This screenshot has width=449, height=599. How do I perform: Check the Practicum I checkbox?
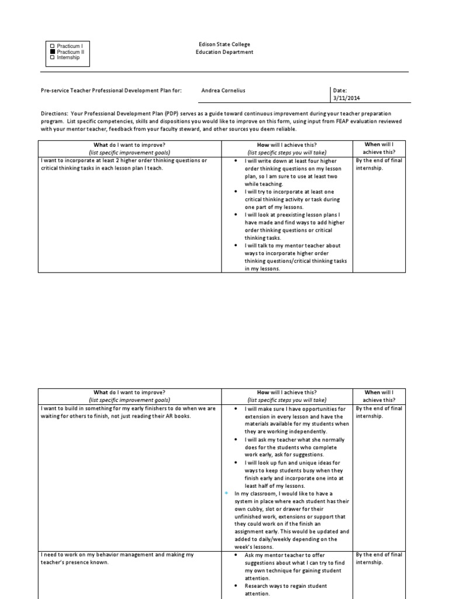pos(53,46)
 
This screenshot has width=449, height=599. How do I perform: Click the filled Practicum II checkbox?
pos(53,51)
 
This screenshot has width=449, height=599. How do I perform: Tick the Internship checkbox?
pos(53,57)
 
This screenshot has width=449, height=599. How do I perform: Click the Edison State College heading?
pos(224,44)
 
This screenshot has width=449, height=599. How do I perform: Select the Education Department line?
pos(224,52)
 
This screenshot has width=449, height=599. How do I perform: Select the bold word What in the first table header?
pos(101,144)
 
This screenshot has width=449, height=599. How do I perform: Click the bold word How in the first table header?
pos(263,144)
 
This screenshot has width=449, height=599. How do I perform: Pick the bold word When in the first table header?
pos(372,144)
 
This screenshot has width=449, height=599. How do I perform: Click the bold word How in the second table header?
pos(263,393)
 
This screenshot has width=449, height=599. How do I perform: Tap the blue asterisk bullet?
pos(226,494)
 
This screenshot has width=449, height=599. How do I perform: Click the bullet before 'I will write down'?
pos(235,161)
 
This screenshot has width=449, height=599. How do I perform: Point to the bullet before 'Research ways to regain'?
pos(235,586)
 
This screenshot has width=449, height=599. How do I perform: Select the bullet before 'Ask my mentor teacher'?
pos(235,555)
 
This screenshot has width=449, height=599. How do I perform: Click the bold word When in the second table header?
pos(372,393)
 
